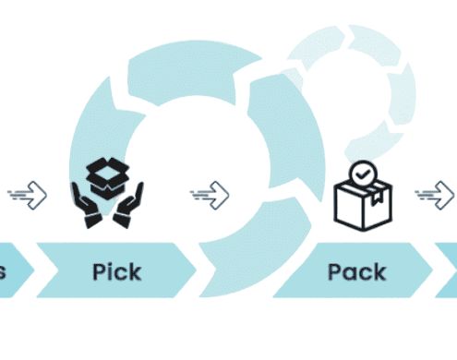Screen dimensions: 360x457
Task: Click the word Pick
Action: (x=116, y=272)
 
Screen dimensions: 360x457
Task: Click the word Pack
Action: (x=356, y=272)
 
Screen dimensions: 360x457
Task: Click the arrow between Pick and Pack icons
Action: (x=210, y=194)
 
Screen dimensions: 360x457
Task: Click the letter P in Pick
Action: (x=100, y=272)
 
